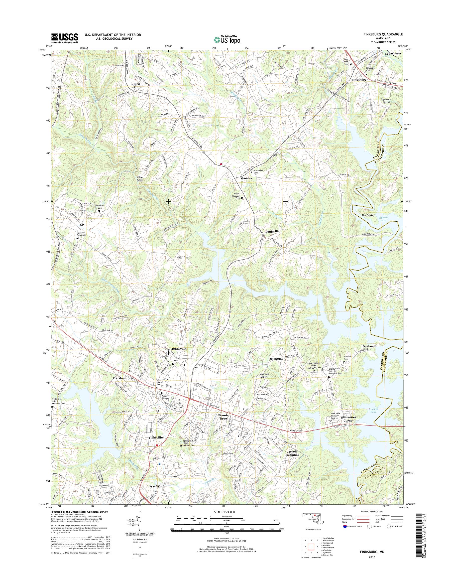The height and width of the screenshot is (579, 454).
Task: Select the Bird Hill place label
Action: [x=136, y=85]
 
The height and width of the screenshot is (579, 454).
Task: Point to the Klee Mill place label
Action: [x=139, y=178]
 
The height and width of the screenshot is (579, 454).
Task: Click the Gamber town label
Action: [x=247, y=178]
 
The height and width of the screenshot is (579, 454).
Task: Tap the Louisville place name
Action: [x=272, y=231]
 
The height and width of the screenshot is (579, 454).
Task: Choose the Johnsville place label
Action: [x=179, y=348]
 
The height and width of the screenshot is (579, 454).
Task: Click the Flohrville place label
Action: [x=155, y=437]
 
